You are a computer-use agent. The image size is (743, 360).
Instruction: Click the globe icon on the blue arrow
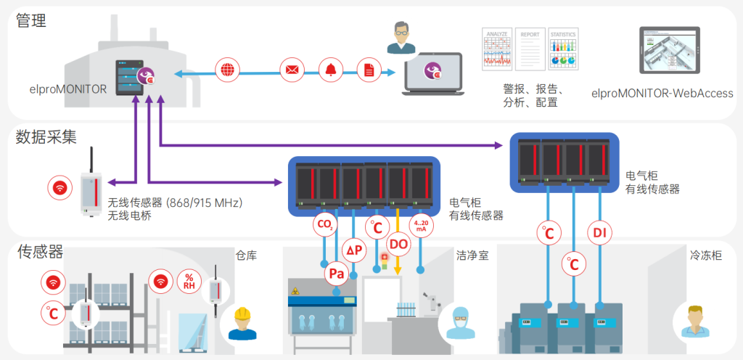tap(227, 70)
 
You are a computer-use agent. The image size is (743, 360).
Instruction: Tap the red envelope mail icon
tap(292, 70)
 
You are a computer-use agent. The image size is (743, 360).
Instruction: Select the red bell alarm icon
tap(331, 70)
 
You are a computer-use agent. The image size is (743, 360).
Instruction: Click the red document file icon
tap(369, 70)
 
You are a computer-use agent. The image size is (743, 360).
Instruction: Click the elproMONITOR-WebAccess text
tap(662, 94)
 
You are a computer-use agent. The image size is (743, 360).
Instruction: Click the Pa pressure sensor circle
tap(337, 274)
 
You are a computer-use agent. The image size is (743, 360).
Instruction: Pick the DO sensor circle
tap(399, 245)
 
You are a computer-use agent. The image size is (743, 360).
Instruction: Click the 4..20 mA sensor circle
tap(422, 225)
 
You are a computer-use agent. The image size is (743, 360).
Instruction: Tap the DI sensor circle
tap(599, 233)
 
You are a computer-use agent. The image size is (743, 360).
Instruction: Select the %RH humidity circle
tap(189, 281)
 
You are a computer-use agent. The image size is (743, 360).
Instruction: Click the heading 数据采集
tap(46, 136)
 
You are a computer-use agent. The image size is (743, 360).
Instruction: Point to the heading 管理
tap(31, 20)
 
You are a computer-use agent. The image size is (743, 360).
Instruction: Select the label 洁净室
tap(472, 255)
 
